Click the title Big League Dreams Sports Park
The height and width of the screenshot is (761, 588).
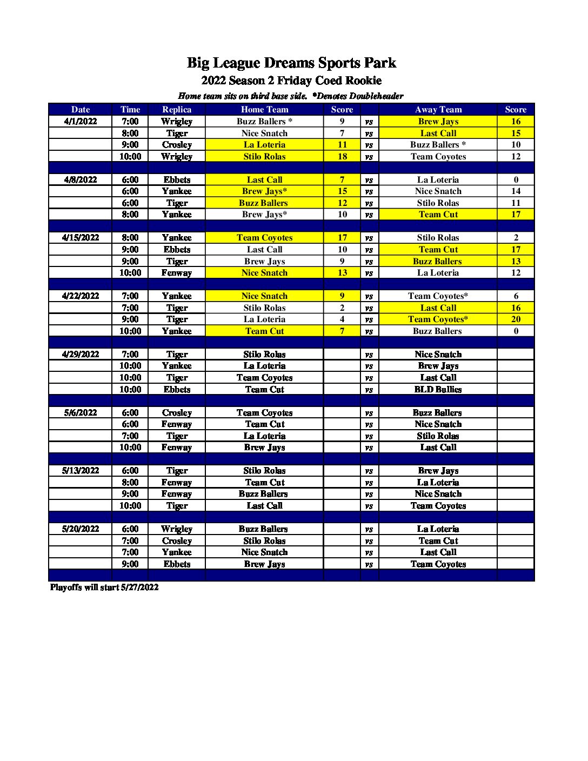[x=291, y=63]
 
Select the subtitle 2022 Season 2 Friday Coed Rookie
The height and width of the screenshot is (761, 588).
[x=291, y=81]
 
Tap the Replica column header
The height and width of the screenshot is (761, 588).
[x=177, y=110]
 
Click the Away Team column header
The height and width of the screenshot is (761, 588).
[x=438, y=110]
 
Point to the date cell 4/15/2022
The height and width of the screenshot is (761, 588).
[x=81, y=238]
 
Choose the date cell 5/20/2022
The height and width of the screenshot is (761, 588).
[x=81, y=529]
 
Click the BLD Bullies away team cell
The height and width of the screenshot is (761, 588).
[x=438, y=390]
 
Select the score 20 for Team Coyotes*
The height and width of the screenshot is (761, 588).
[x=516, y=319]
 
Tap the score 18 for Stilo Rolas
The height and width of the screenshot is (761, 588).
[x=342, y=157]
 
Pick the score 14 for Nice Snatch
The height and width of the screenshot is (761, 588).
[x=516, y=191]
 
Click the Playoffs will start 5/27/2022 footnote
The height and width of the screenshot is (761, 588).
[x=104, y=588]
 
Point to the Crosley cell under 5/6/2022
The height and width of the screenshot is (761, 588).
[x=177, y=413]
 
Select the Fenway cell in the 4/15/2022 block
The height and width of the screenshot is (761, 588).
[x=177, y=273]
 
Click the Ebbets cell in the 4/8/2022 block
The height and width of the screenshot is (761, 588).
[x=177, y=180]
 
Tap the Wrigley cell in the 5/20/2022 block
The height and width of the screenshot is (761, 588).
[x=177, y=529]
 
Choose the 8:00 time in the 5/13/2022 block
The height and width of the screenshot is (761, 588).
[x=130, y=483]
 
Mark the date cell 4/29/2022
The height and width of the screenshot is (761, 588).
[x=81, y=355]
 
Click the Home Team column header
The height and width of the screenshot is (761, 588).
[x=264, y=110]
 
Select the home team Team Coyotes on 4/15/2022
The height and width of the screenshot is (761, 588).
[x=264, y=238]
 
